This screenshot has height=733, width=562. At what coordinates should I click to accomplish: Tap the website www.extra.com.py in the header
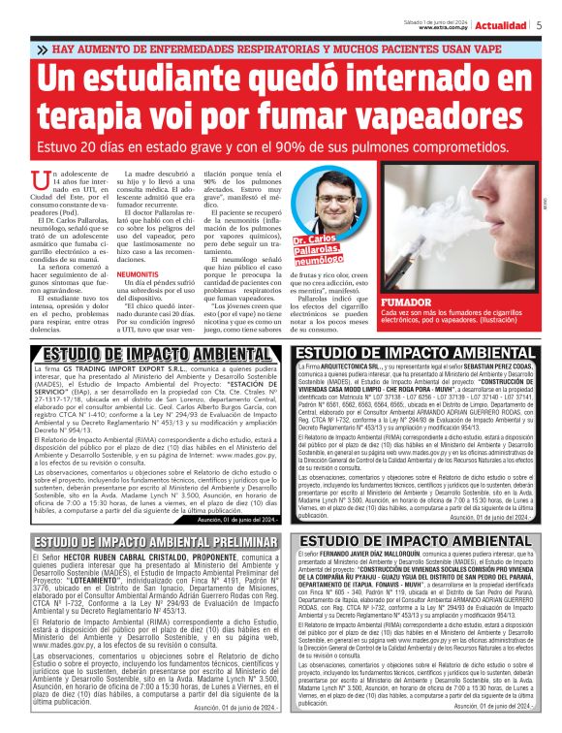[x=445, y=27]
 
